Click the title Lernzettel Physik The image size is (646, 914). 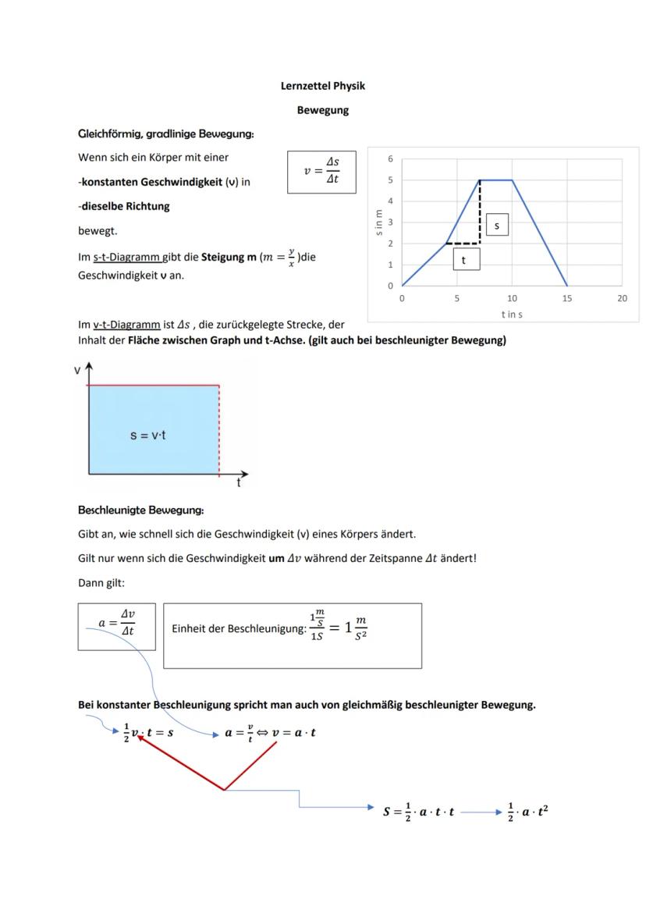(x=322, y=86)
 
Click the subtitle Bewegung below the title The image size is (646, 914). (x=322, y=110)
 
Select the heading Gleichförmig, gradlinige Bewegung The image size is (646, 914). (x=165, y=134)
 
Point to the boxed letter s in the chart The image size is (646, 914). (x=496, y=225)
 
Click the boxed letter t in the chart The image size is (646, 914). (x=466, y=261)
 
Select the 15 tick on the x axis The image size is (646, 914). (x=566, y=299)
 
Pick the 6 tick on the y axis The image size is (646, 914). (x=390, y=158)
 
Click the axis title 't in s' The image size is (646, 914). (x=512, y=314)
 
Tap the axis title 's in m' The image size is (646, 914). (x=378, y=222)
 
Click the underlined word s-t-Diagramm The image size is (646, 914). (x=127, y=257)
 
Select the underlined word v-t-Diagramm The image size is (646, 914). (x=127, y=325)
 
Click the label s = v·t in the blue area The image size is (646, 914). (x=147, y=435)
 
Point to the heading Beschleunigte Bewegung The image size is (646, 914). (x=140, y=510)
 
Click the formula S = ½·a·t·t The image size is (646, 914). (x=418, y=812)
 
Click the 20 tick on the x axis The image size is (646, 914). (x=622, y=299)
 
